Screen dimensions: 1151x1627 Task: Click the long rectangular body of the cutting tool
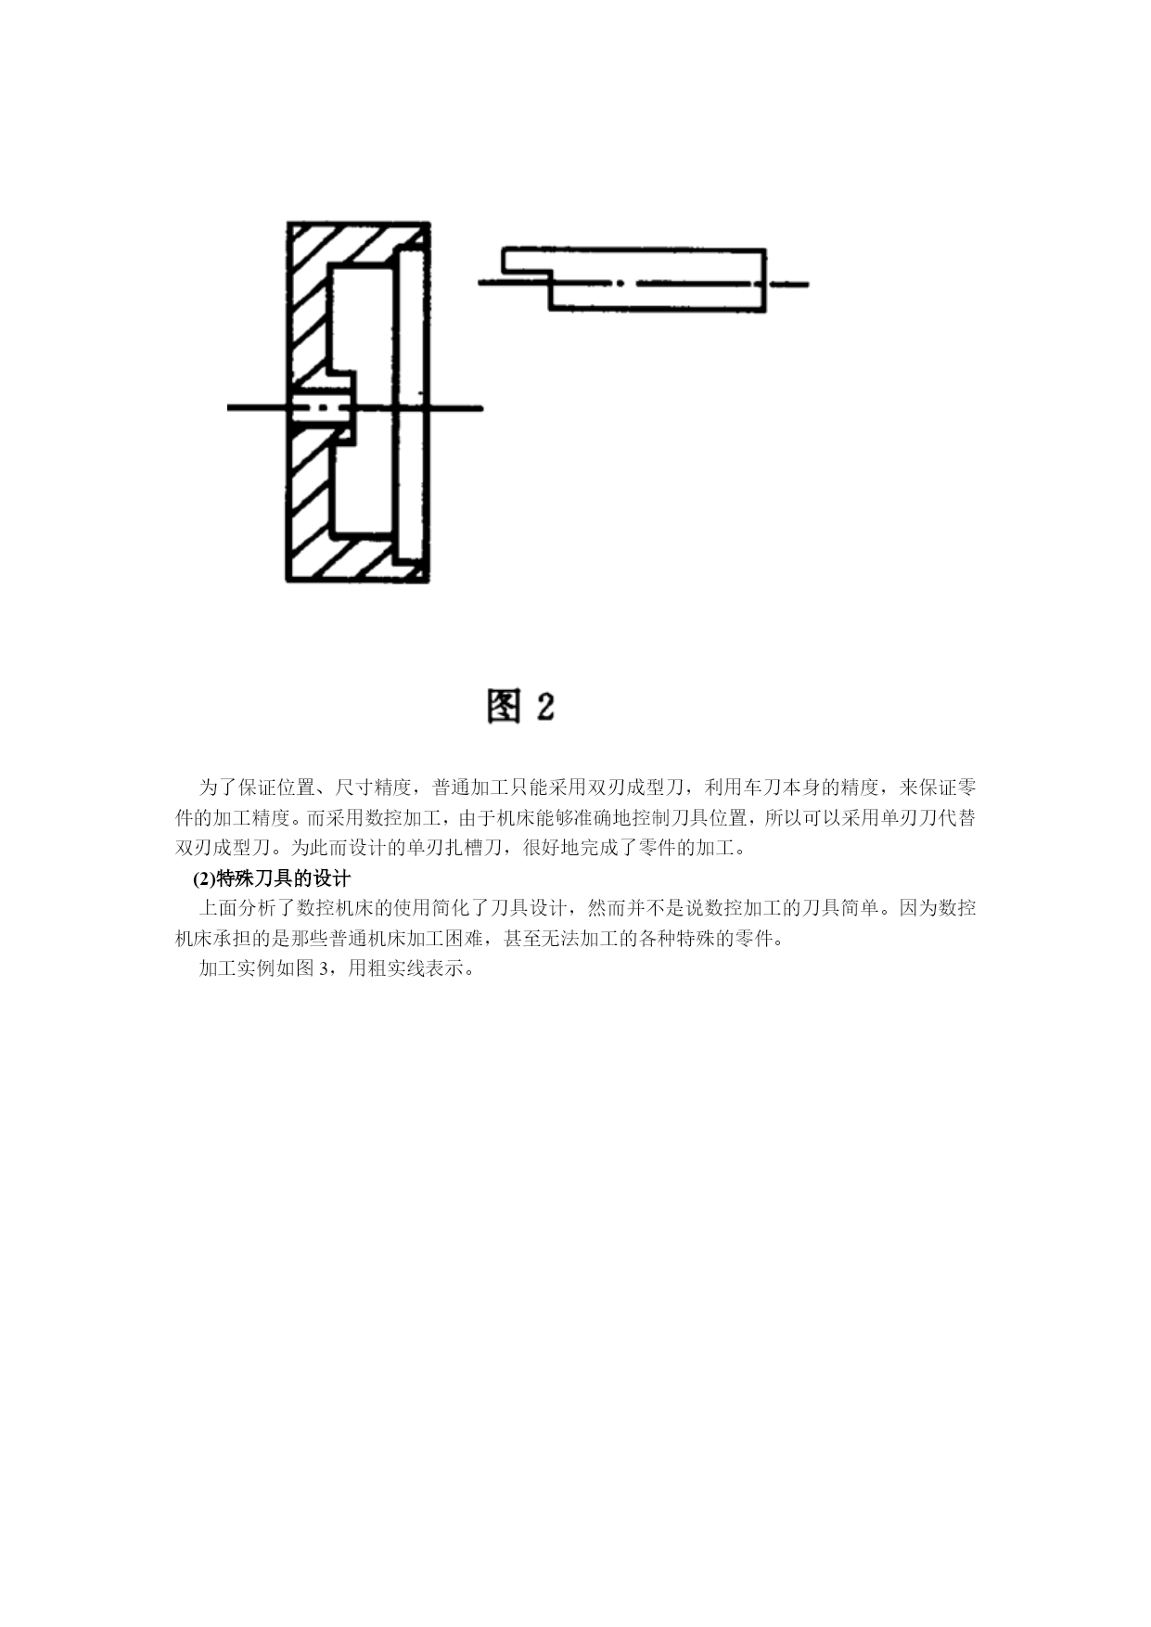658,279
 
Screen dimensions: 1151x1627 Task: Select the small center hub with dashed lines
324,407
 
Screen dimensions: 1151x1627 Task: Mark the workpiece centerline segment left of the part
258,407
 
